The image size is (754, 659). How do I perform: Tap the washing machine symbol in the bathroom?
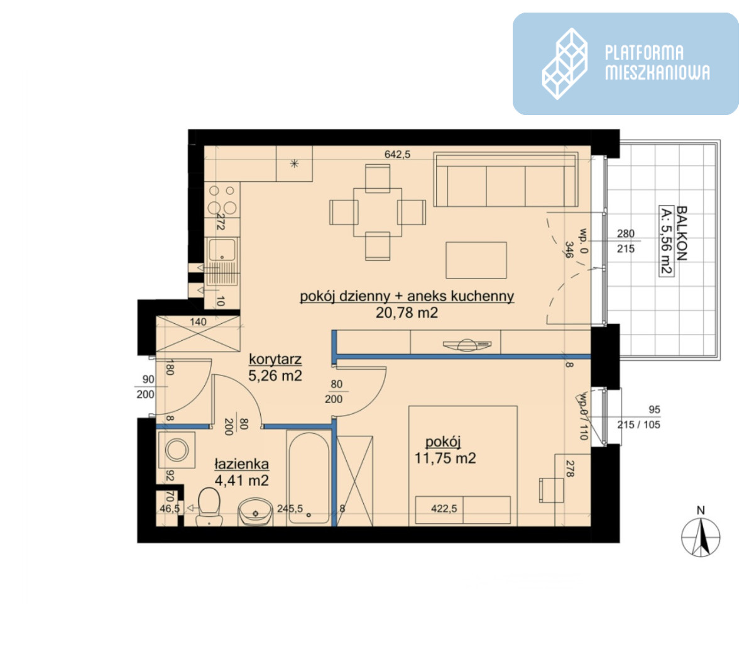(177, 450)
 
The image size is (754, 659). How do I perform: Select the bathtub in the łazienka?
(309, 477)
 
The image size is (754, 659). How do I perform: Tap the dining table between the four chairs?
(378, 212)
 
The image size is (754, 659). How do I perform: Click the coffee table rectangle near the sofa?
(476, 260)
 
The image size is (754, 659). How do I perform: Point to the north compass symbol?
(700, 536)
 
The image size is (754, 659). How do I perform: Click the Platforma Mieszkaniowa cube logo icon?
(564, 64)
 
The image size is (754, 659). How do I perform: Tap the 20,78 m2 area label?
(407, 313)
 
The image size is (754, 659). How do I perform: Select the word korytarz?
(275, 359)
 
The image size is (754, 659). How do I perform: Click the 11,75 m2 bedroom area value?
(445, 458)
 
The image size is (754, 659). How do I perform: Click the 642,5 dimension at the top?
(397, 154)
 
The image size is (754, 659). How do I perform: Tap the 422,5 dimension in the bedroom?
(444, 509)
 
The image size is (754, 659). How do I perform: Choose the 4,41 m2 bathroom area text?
(241, 480)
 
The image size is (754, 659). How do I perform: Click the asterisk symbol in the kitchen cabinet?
(294, 163)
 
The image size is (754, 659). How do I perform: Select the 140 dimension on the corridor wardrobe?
(198, 321)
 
